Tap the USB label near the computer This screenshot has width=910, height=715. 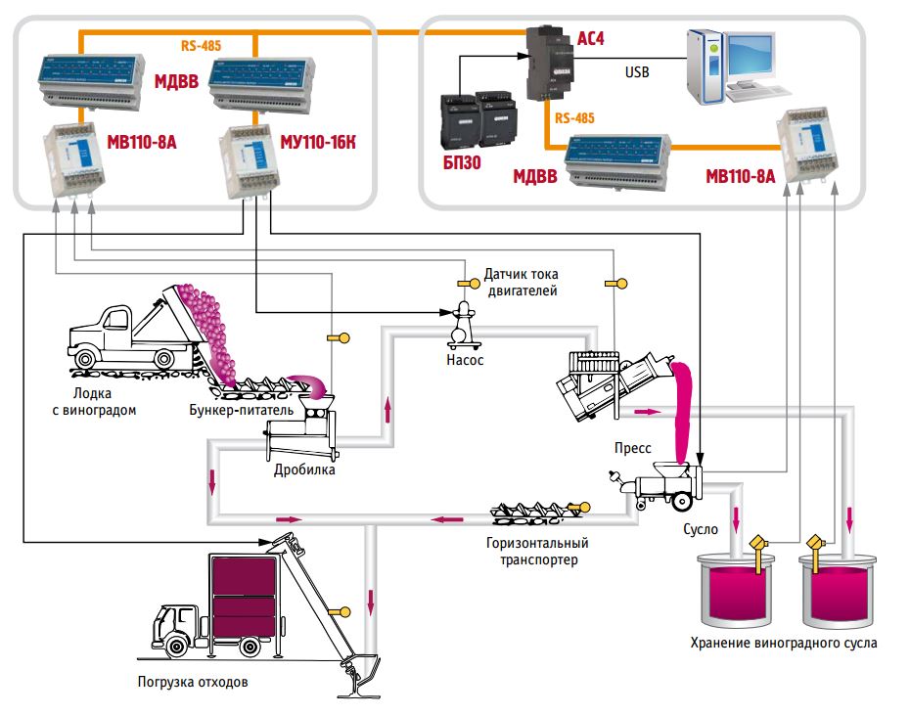pos(637,72)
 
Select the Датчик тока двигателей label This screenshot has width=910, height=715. pos(521,284)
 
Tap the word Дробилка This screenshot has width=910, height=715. pos(305,469)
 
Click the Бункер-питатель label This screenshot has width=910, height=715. pos(241,410)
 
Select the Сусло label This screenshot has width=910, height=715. pos(701,529)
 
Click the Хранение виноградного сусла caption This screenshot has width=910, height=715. pos(783,644)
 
